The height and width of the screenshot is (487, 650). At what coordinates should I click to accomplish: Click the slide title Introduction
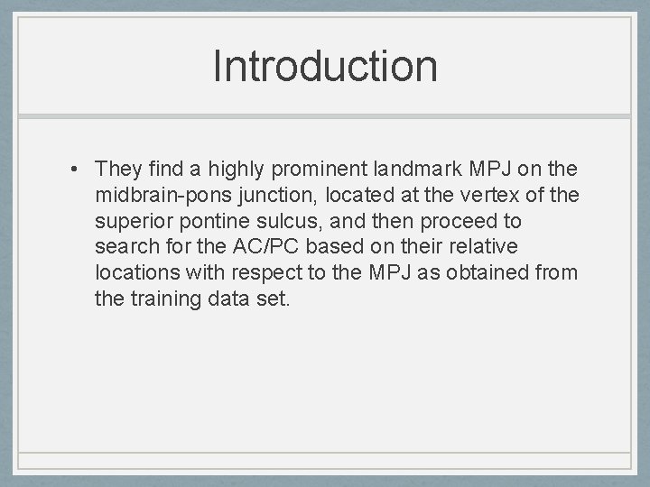click(x=325, y=66)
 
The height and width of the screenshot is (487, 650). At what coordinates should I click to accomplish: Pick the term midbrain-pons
click(x=152, y=195)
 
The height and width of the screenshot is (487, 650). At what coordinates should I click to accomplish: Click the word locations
click(x=132, y=273)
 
